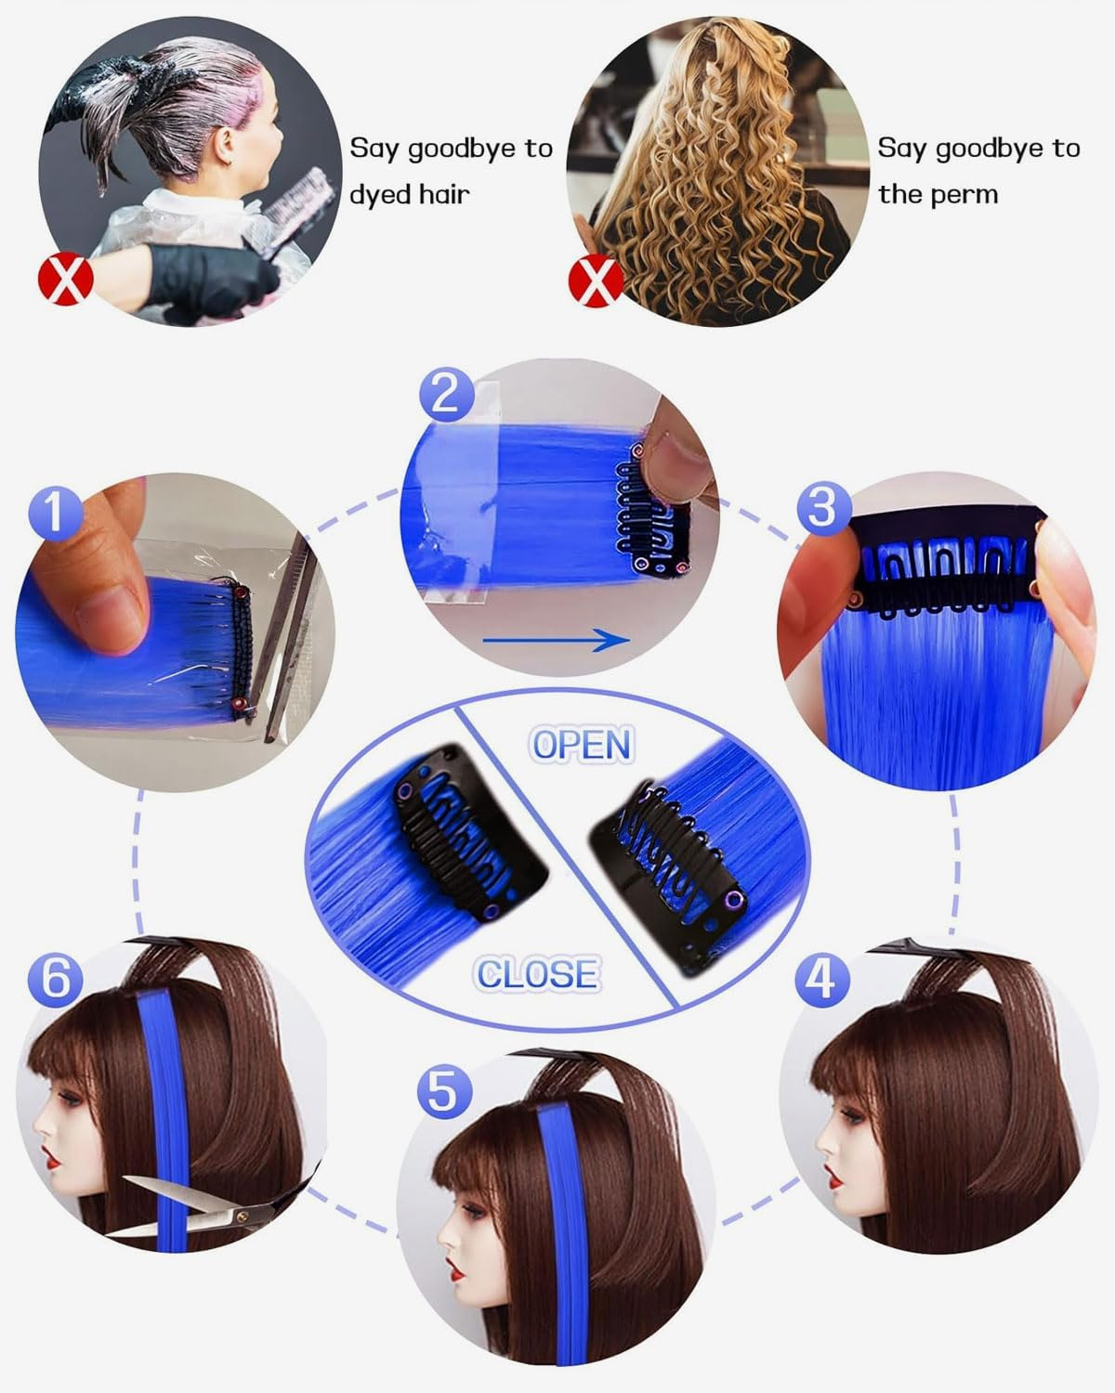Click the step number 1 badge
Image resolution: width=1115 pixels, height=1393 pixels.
click(x=57, y=513)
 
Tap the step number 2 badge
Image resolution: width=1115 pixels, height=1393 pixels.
click(x=446, y=394)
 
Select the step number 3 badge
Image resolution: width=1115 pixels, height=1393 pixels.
click(x=823, y=508)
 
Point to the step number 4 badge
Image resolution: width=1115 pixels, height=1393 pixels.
click(x=822, y=980)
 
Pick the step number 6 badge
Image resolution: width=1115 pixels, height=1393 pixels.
click(x=56, y=980)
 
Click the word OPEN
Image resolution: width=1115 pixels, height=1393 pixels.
click(x=581, y=745)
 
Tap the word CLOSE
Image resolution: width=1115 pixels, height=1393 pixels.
click(x=537, y=974)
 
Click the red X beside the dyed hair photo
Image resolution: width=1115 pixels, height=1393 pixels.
click(x=65, y=279)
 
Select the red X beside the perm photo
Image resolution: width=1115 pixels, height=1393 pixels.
click(x=596, y=280)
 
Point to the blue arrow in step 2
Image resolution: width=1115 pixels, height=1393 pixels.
click(x=556, y=641)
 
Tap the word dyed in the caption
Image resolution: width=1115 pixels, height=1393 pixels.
click(x=379, y=195)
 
